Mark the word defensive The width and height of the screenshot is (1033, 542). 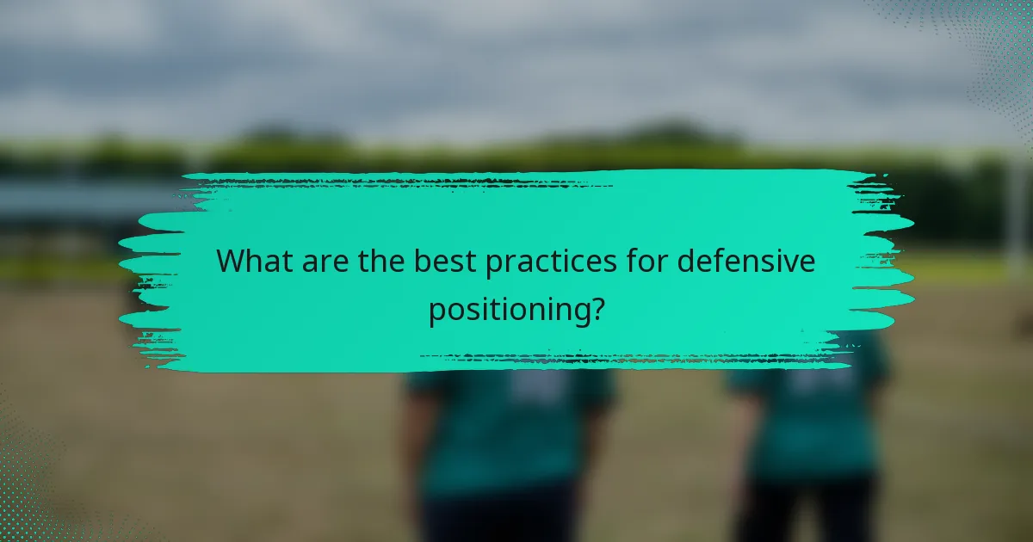746,261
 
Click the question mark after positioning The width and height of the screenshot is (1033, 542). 595,310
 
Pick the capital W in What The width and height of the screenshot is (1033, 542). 232,261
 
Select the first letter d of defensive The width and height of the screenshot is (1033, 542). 687,261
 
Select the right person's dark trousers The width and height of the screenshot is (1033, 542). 805,512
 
